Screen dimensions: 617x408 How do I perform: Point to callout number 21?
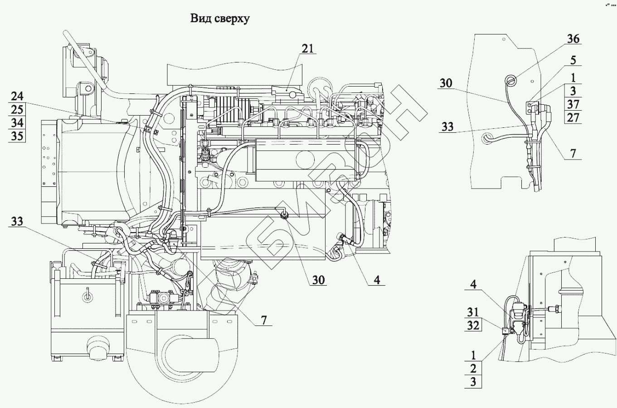coord(308,49)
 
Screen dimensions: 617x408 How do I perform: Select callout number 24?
coord(17,97)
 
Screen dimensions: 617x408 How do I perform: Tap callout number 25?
coord(17,110)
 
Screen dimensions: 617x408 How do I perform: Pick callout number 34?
coord(17,122)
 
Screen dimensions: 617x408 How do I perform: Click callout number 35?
coord(17,136)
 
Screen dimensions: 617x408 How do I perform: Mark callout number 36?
coord(573,39)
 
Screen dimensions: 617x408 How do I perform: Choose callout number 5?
coord(573,60)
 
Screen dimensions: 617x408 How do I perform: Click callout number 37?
coord(573,104)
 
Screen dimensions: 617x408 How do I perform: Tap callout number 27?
coord(573,117)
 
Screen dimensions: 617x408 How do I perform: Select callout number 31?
coord(473,312)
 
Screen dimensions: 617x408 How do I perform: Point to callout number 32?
coord(473,325)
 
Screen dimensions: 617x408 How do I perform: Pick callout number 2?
coord(473,369)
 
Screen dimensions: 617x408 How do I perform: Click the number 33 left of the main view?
coord(17,221)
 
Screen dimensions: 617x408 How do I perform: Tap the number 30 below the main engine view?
coord(318,280)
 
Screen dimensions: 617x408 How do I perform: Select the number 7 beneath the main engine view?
coord(264,321)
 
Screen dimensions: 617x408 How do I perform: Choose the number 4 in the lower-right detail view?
coord(473,284)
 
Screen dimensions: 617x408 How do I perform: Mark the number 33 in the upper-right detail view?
coord(447,127)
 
